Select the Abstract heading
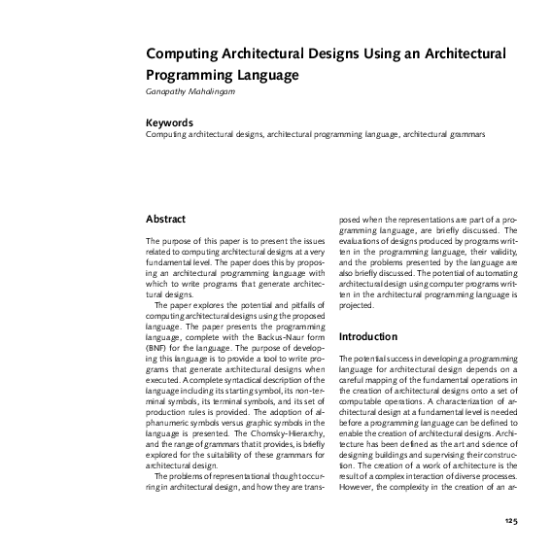(165, 219)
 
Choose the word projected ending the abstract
(356, 305)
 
